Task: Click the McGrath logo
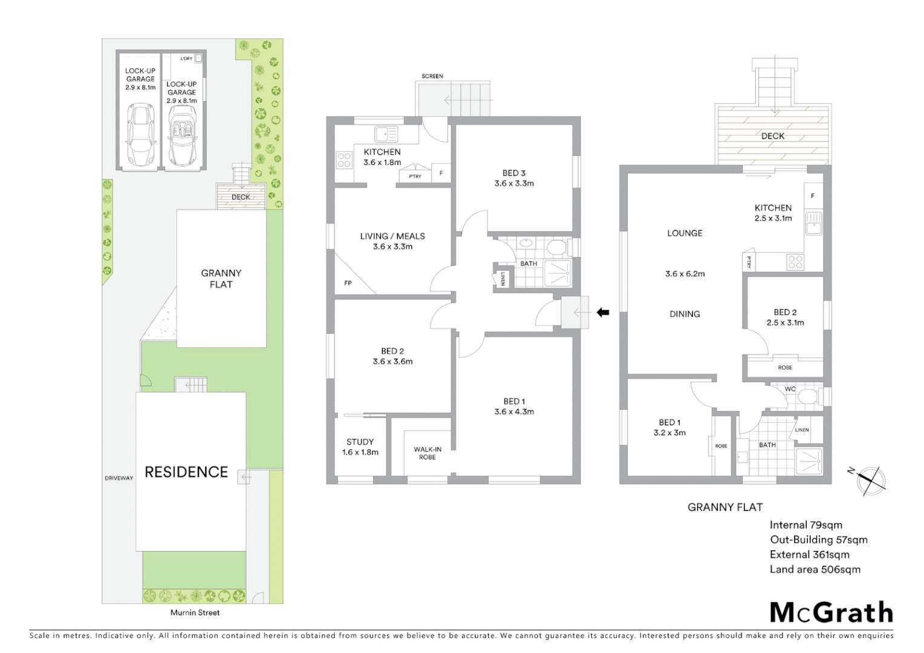pos(831,612)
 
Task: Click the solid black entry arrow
pos(603,313)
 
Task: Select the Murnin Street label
pos(195,612)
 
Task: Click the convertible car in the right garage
pos(182,135)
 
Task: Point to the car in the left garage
pos(140,135)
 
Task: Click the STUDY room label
pos(360,442)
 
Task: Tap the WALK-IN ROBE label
pos(428,453)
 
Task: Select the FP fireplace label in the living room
pos(348,283)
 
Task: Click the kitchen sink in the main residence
pos(385,134)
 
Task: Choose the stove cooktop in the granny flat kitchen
pos(795,262)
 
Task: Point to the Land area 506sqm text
pos(815,569)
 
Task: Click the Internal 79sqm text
pos(805,525)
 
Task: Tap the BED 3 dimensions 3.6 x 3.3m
pos(514,183)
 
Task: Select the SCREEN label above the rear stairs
pos(432,76)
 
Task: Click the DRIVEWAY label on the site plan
pos(119,478)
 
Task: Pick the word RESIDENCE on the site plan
pos(186,472)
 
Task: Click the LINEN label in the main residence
pos(503,278)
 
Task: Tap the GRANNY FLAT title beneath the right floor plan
pos(725,507)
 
